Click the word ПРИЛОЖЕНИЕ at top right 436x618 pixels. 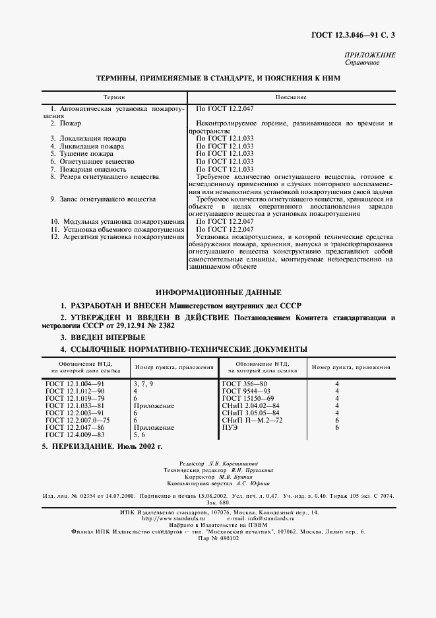370,55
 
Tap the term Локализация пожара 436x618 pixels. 87,138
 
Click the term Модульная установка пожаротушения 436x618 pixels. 117,221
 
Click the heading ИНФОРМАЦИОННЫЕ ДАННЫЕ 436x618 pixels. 218,292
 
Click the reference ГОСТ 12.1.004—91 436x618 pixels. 75,383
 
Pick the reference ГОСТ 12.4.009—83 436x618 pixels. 75,435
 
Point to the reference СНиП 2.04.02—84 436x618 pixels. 251,405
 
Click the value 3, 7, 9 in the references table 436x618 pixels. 144,383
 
